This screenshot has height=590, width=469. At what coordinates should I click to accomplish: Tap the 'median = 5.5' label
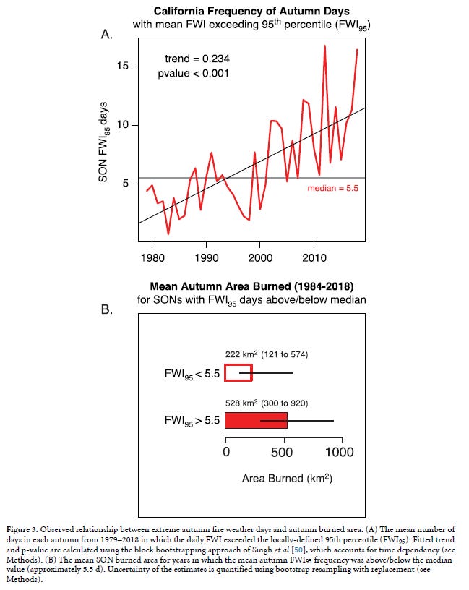click(x=333, y=188)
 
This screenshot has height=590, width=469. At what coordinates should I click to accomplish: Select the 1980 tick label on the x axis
click(x=152, y=257)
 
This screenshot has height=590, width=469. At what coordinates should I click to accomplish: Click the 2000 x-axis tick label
click(x=260, y=257)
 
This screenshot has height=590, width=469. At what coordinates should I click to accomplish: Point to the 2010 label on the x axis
click(x=314, y=257)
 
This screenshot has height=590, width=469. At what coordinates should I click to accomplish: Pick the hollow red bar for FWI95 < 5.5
click(x=238, y=373)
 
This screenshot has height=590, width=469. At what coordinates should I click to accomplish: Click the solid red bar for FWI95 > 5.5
click(x=256, y=420)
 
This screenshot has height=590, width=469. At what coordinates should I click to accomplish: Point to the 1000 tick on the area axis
click(x=338, y=453)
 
